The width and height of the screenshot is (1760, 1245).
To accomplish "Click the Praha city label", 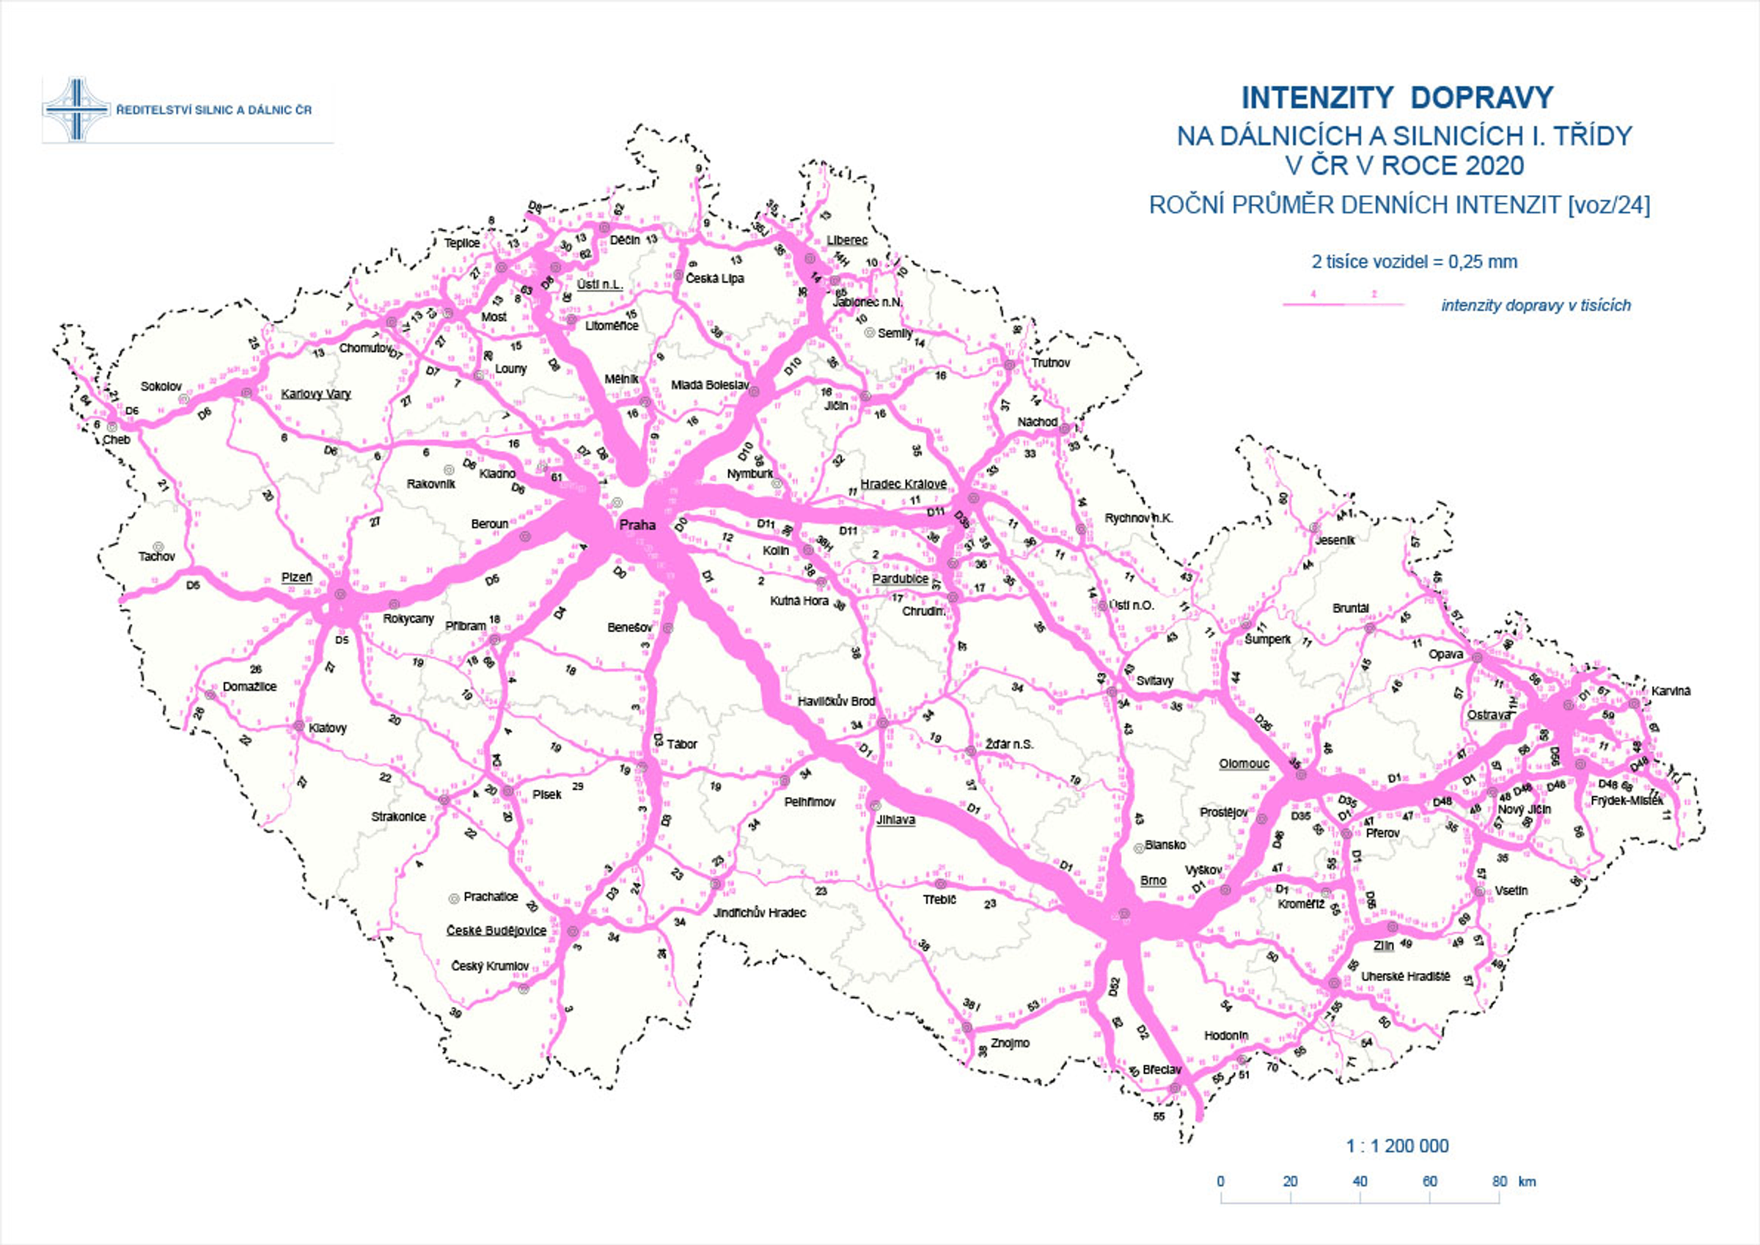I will click(x=637, y=525).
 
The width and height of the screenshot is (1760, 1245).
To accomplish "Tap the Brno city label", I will click(x=1153, y=880).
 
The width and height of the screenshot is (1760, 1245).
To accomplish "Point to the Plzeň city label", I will click(x=297, y=577).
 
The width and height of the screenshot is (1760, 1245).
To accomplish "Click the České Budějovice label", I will click(x=496, y=930).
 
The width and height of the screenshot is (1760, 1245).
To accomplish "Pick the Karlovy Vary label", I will click(x=316, y=394).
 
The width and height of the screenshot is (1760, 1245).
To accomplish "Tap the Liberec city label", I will click(x=846, y=240).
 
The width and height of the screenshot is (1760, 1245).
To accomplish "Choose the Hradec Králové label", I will click(x=903, y=484).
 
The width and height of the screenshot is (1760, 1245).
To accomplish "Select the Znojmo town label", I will click(x=1010, y=1043).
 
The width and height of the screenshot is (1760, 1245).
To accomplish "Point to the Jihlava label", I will click(x=895, y=820).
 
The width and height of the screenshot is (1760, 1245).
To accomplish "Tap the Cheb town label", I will click(x=117, y=440).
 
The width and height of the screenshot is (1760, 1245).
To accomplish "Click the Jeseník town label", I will click(x=1335, y=540).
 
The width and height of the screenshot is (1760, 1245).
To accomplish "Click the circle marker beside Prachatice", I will click(x=453, y=897).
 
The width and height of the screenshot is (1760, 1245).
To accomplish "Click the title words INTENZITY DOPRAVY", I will click(x=1397, y=98).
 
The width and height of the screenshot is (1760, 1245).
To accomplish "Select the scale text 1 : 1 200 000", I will click(x=1397, y=1146).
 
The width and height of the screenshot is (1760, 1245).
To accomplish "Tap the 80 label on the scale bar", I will click(x=1500, y=1181).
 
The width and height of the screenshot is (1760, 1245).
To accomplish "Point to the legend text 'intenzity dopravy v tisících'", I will click(x=1536, y=306).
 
